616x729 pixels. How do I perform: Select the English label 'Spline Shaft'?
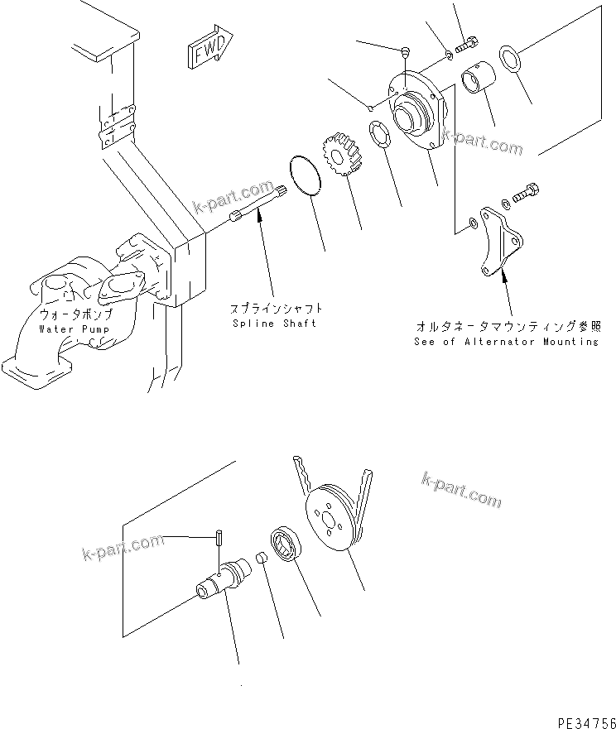click(x=273, y=323)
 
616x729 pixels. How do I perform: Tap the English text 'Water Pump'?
click(x=75, y=329)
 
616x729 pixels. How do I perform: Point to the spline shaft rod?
click(x=260, y=204)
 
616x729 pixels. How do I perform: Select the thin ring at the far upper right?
click(x=510, y=60)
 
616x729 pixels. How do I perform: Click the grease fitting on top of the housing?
click(x=405, y=52)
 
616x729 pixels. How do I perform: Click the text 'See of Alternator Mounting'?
click(x=506, y=341)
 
